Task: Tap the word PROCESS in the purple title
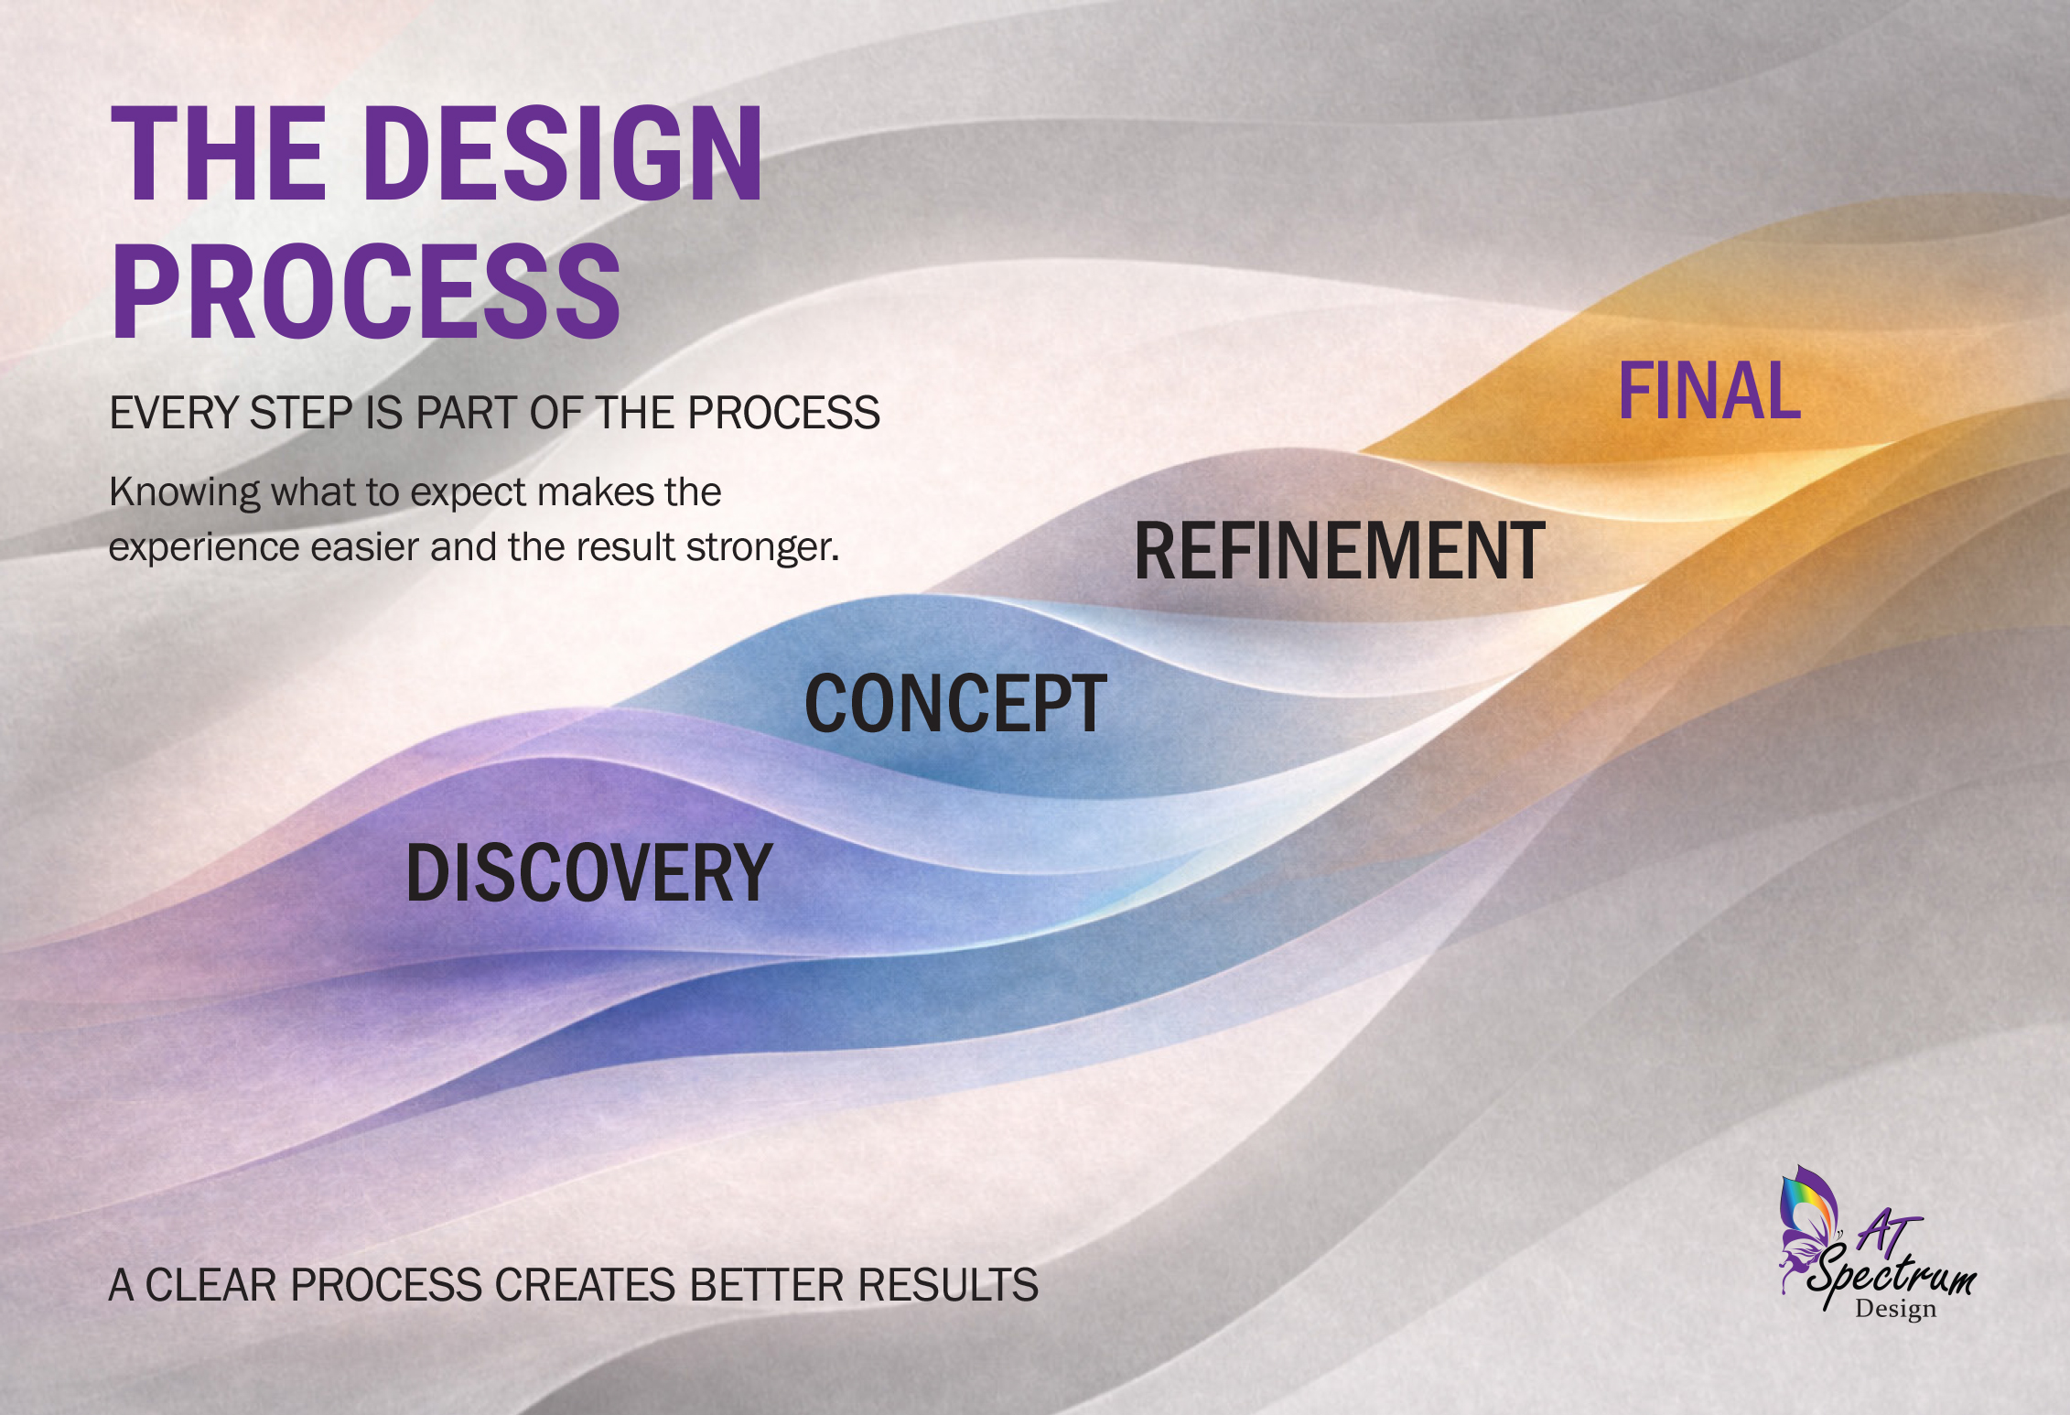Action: coord(365,292)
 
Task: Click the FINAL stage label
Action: coord(1709,392)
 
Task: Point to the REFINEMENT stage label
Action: coord(1339,551)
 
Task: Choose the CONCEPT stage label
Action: coord(955,704)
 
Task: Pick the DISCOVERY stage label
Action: coord(589,873)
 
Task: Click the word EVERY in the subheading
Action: coord(174,413)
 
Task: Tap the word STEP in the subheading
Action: coord(301,413)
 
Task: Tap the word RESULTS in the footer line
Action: coord(947,1285)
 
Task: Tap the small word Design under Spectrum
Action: coord(1895,1309)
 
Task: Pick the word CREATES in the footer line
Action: coord(586,1285)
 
